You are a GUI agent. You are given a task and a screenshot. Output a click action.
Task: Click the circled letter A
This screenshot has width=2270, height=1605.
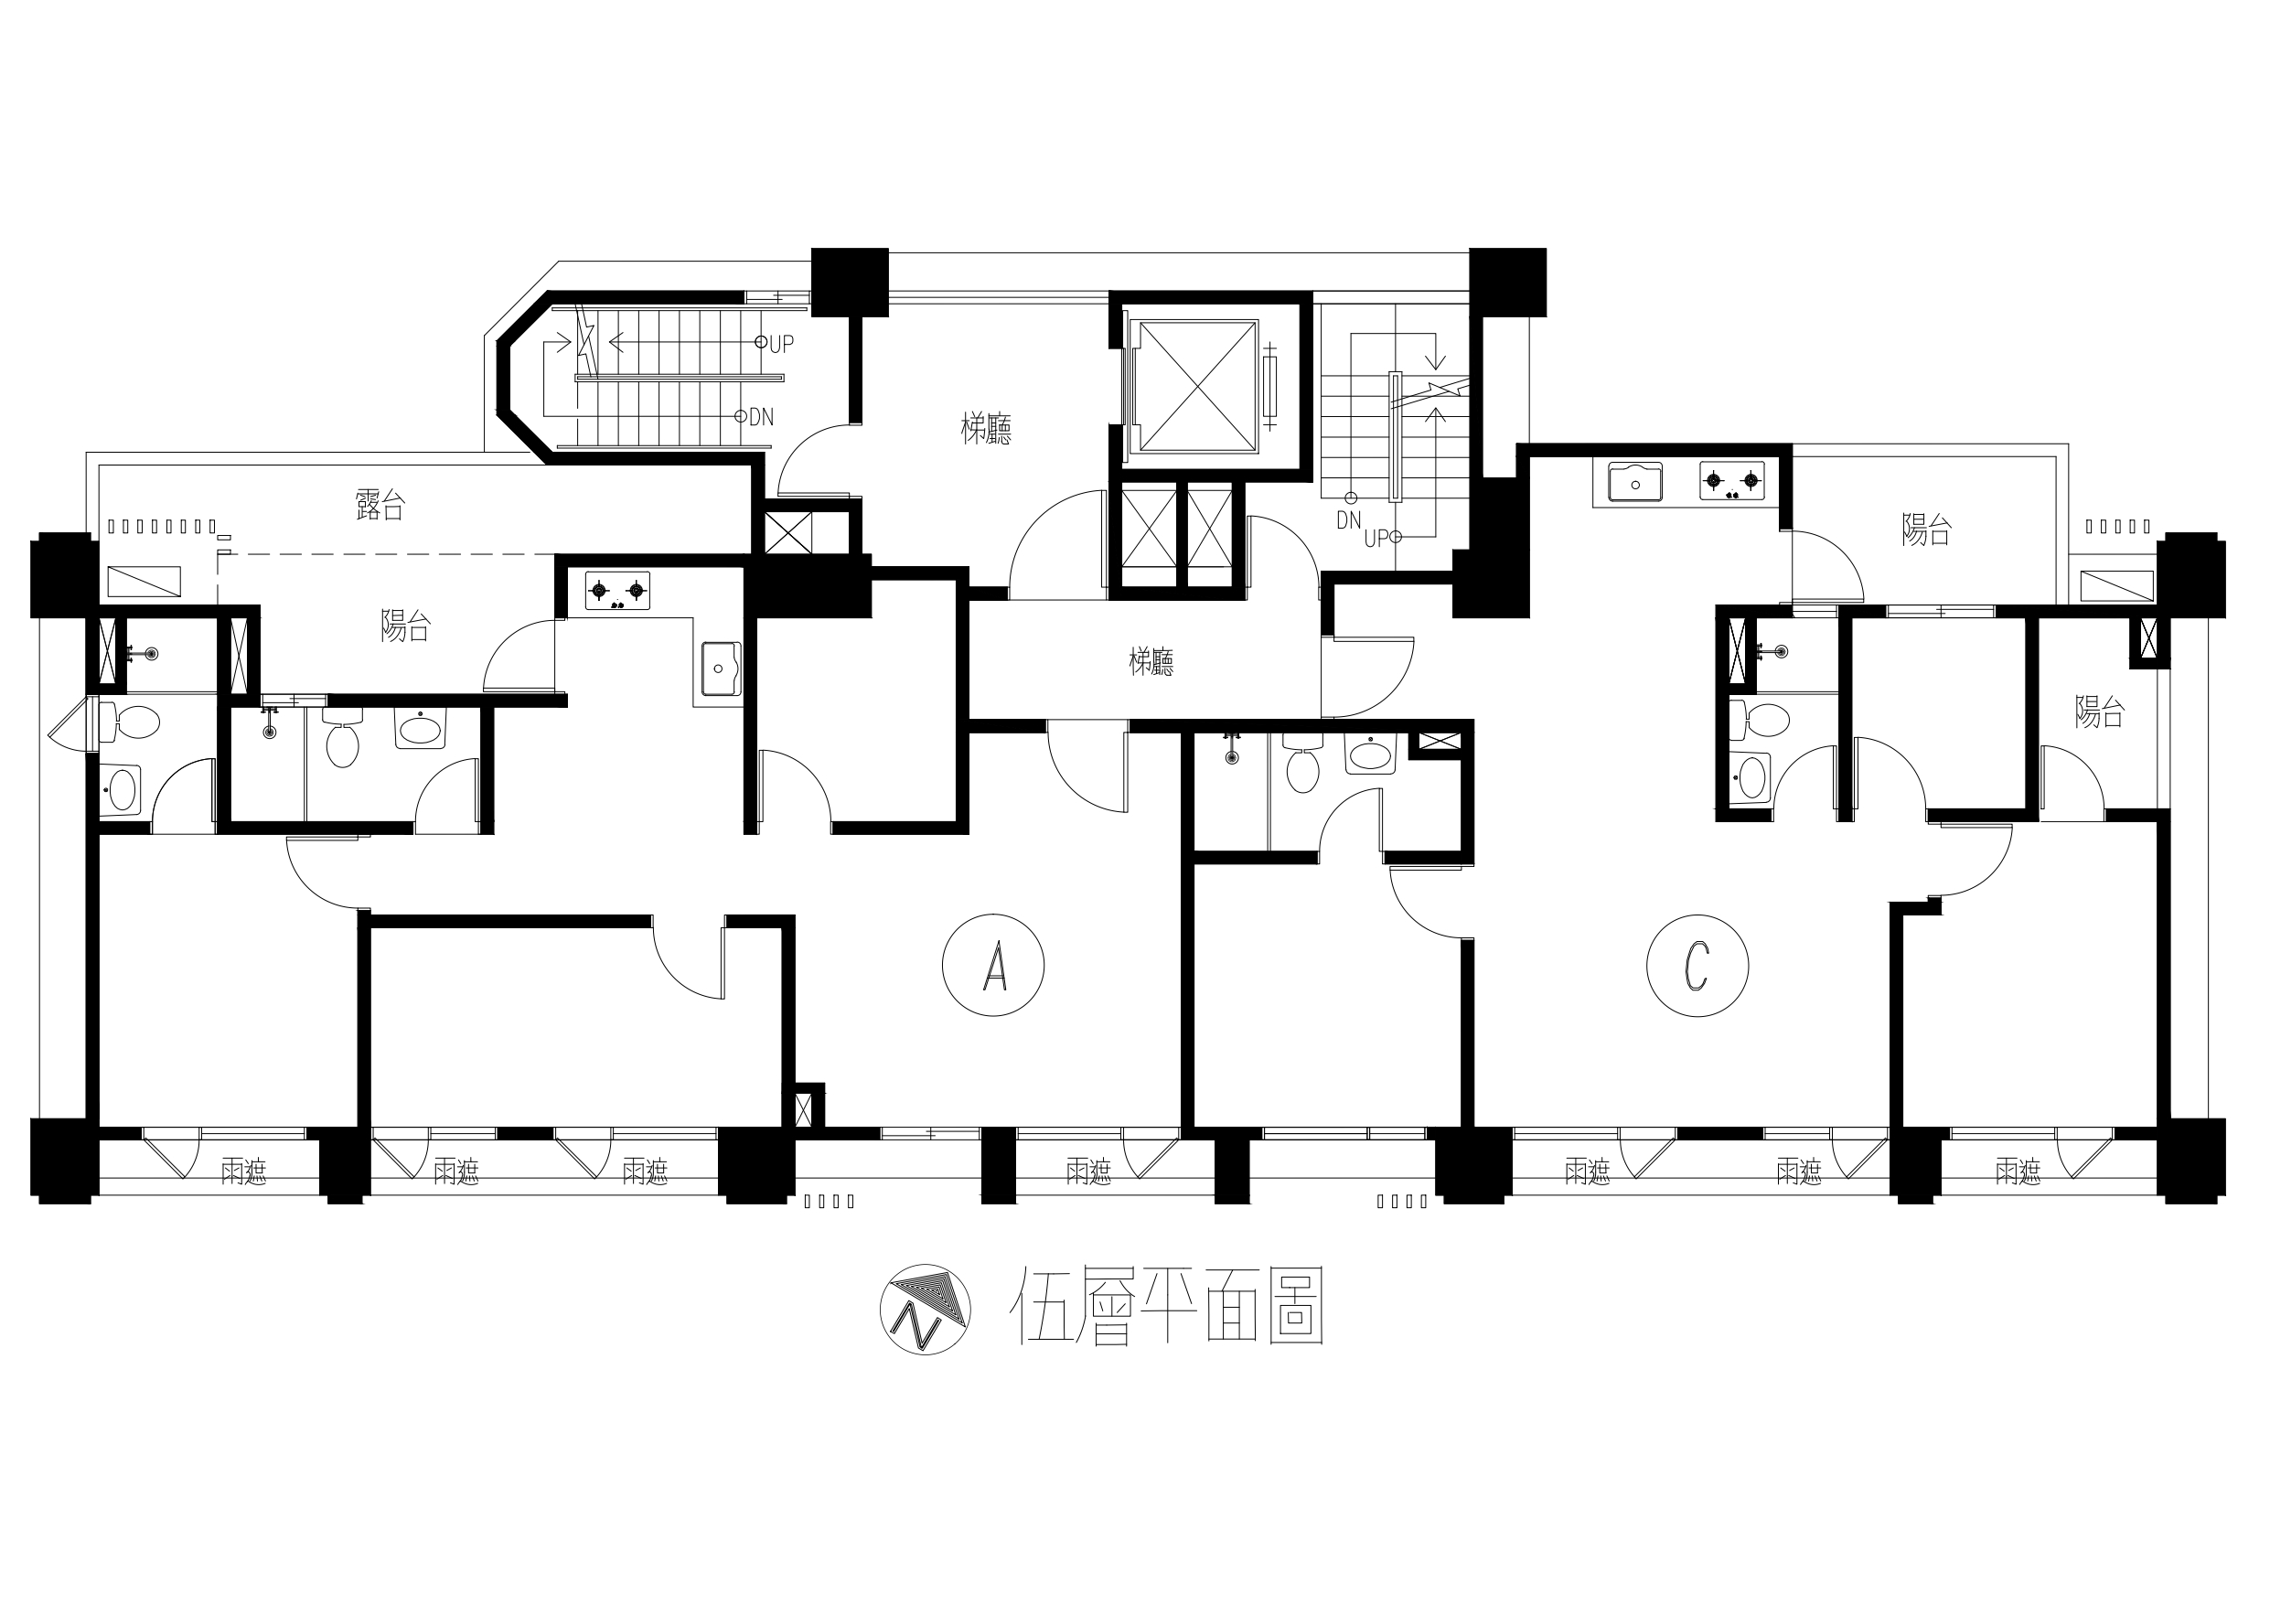(993, 964)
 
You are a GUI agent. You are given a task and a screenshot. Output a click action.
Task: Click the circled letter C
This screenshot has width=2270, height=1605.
(1697, 966)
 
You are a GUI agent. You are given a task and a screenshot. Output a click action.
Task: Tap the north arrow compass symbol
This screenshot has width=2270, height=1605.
(925, 1309)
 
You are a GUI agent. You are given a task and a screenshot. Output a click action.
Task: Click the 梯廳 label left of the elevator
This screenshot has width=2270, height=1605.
(986, 429)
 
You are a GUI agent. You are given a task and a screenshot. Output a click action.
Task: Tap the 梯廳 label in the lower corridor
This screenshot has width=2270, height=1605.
(1151, 661)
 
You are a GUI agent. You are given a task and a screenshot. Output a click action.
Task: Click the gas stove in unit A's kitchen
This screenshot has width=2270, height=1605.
(617, 591)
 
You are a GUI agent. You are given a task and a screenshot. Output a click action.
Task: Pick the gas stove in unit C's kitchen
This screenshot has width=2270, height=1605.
(1732, 481)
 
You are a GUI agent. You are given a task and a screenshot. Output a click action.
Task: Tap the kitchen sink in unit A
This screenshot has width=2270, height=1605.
(720, 669)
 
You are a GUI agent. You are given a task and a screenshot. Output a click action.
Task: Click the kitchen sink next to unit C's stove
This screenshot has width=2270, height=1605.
(1635, 483)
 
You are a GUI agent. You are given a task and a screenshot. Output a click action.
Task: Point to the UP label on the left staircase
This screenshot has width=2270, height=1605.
(781, 344)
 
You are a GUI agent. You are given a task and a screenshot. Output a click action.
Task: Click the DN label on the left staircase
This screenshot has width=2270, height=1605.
(760, 417)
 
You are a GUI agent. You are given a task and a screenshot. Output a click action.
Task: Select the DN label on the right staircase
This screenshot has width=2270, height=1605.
(1348, 520)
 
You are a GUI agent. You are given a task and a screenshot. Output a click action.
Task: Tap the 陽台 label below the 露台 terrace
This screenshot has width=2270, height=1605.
(405, 625)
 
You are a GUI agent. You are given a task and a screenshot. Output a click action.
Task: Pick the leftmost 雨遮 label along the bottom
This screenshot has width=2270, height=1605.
(243, 1172)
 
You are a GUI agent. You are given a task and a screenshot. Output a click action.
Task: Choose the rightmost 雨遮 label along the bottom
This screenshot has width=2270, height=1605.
(2018, 1172)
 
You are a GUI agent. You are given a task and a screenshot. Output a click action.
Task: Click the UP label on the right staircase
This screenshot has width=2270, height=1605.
(1376, 540)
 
